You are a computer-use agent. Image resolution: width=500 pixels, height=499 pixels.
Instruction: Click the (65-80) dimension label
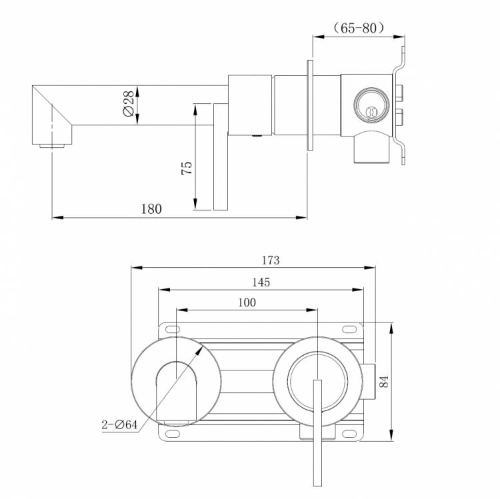pyautogui.click(x=359, y=28)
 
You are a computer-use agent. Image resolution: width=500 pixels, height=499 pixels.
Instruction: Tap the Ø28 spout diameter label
pyautogui.click(x=129, y=103)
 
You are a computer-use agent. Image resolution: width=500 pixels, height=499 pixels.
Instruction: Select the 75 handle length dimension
pyautogui.click(x=187, y=168)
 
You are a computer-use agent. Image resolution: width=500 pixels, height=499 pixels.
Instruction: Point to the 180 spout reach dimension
pyautogui.click(x=151, y=209)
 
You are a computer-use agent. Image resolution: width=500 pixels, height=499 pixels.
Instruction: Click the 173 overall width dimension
pyautogui.click(x=271, y=260)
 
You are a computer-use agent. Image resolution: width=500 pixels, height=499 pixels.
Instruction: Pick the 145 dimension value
pyautogui.click(x=261, y=282)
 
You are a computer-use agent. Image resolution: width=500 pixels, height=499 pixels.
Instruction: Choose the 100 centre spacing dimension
pyautogui.click(x=247, y=302)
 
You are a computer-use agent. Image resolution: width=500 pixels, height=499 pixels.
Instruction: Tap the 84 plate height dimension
pyautogui.click(x=384, y=382)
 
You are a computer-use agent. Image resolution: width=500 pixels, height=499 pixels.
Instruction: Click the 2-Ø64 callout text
pyautogui.click(x=119, y=425)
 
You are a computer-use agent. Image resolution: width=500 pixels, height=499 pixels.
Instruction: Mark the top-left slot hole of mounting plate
pyautogui.click(x=172, y=329)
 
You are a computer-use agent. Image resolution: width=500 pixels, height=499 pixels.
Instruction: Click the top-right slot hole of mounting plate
pyautogui.click(x=349, y=329)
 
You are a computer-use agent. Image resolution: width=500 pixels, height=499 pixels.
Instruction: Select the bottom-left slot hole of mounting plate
pyautogui.click(x=172, y=433)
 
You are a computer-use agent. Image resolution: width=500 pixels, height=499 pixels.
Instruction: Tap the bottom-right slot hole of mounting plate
pyautogui.click(x=349, y=433)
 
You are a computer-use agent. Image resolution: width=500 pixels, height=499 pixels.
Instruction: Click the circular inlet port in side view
pyautogui.click(x=371, y=104)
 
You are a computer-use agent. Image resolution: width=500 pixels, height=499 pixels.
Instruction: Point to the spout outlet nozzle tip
pyautogui.click(x=51, y=146)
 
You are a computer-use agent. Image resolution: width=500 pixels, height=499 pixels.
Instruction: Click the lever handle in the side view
pyautogui.click(x=221, y=157)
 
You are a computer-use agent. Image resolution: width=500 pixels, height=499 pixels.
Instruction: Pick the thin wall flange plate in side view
pyautogui.click(x=310, y=105)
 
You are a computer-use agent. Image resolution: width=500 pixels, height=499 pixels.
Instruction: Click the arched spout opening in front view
pyautogui.click(x=176, y=394)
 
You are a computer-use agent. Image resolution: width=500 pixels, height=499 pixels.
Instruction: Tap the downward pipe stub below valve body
pyautogui.click(x=372, y=147)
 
